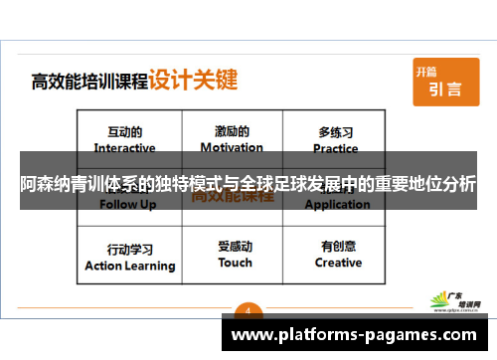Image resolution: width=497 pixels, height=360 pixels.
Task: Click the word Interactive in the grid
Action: (x=124, y=148)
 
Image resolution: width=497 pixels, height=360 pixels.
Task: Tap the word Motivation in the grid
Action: (x=232, y=148)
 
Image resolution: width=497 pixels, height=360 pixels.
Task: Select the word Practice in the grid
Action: (x=336, y=148)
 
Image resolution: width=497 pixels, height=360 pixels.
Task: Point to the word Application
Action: (x=338, y=205)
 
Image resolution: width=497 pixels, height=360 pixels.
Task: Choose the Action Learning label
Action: (x=130, y=266)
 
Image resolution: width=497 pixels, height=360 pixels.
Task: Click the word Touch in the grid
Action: (x=236, y=264)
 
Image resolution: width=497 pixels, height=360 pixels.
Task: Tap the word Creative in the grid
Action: (x=338, y=264)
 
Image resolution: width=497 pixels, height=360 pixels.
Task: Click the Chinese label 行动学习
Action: (x=130, y=249)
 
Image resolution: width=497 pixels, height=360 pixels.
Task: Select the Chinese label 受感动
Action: (x=236, y=247)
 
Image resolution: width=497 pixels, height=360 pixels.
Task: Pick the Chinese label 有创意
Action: (x=338, y=247)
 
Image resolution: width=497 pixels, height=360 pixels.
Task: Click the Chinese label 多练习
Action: (x=336, y=131)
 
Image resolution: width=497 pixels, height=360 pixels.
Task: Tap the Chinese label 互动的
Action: (x=124, y=131)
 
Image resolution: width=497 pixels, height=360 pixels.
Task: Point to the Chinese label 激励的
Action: (x=232, y=131)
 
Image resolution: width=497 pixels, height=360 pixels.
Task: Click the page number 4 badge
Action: (x=248, y=308)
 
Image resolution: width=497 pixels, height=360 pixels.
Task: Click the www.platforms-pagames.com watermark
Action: (x=359, y=334)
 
